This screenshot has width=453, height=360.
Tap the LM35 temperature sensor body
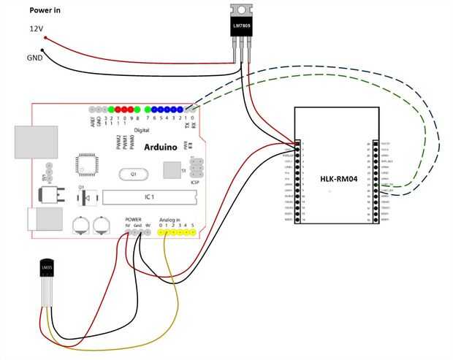pyautogui.click(x=46, y=272)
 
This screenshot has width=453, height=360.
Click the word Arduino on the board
pyautogui.click(x=160, y=147)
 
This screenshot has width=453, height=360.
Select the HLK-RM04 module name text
pyautogui.click(x=338, y=178)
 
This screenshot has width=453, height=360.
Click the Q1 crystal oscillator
pyautogui.click(x=134, y=175)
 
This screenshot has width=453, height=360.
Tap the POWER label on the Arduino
pyautogui.click(x=133, y=219)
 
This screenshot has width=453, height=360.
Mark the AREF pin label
pyautogui.click(x=91, y=121)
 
